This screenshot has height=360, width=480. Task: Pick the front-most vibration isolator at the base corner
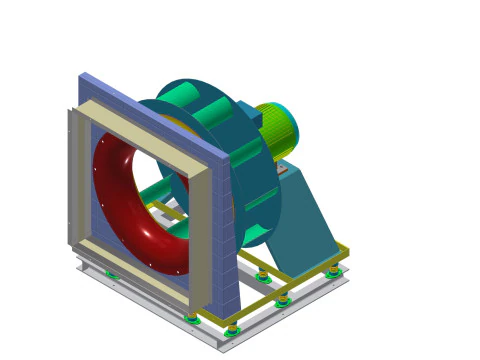point(232,329)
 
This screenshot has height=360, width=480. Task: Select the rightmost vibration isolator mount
point(333,270)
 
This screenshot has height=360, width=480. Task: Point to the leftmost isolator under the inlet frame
point(112,274)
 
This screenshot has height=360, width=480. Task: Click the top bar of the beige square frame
point(150,121)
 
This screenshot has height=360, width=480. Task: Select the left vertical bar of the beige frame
point(85,180)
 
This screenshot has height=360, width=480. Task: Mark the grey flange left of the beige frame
point(72,180)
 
